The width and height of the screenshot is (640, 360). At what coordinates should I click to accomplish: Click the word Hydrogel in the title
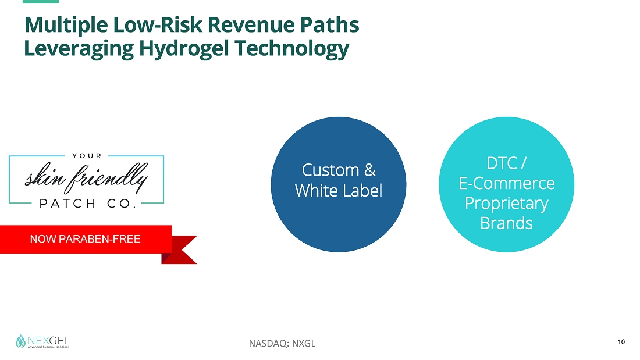pos(184,49)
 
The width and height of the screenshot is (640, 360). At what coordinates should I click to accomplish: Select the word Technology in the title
pos(292,49)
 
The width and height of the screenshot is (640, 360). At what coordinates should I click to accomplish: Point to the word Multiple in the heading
pos(66,26)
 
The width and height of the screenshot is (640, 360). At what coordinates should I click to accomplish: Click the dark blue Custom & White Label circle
pos(339,184)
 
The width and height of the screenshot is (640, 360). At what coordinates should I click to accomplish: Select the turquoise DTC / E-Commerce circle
pos(507,184)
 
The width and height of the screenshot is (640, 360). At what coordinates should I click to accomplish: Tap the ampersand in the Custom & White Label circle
pos(370,170)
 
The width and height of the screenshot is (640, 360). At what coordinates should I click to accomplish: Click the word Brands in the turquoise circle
pos(507,223)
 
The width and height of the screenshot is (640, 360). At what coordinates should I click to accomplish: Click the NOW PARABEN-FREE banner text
pos(86,239)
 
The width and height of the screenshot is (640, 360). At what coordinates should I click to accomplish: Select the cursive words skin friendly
pos(87,179)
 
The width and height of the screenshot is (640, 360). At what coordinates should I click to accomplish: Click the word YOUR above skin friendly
pos(87,156)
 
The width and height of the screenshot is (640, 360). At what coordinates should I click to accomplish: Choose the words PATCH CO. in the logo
pos(87,204)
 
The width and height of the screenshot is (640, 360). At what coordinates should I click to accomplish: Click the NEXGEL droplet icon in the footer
pos(20,341)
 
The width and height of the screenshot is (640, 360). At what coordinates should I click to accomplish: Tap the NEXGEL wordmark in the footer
pos(48,341)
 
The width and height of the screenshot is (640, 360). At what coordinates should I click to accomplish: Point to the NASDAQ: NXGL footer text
pos(282,344)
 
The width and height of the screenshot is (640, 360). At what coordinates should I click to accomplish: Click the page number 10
pos(621,342)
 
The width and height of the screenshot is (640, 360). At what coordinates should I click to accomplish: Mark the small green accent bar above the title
pos(41,2)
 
